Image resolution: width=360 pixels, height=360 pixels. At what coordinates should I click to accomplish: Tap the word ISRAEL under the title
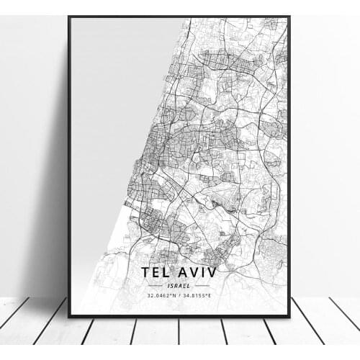click(179, 286)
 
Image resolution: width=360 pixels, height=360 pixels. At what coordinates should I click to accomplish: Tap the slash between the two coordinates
click(179, 296)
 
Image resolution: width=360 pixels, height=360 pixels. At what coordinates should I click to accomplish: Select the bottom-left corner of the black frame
click(69, 316)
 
